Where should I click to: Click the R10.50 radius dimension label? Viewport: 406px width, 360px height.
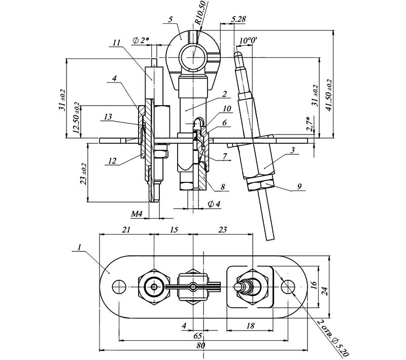[201, 12]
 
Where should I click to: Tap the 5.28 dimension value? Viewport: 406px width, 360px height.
[238, 19]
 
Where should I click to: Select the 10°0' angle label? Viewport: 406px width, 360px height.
[248, 41]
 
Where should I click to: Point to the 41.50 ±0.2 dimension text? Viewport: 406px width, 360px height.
[329, 95]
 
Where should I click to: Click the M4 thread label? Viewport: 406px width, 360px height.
[137, 214]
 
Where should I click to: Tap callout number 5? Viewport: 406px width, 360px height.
[170, 20]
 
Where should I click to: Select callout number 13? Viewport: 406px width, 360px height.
[108, 117]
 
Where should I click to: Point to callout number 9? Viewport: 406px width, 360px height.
[299, 186]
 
